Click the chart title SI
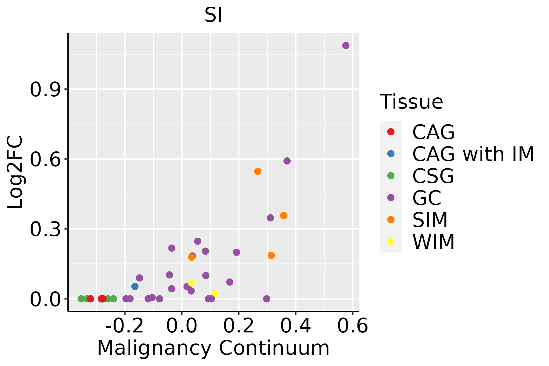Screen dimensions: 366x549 [x=213, y=15]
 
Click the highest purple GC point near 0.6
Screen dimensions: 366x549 [x=346, y=45]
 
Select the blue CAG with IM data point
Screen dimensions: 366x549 [x=135, y=286]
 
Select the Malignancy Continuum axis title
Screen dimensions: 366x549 [x=213, y=348]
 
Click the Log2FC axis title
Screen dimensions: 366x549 [x=15, y=172]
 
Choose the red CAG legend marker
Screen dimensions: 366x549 [x=391, y=132]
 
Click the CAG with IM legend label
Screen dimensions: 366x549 [x=473, y=154]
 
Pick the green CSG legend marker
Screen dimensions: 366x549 [x=391, y=176]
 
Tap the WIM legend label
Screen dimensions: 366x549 [x=433, y=242]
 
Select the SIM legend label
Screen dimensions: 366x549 [x=430, y=220]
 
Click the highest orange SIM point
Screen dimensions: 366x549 [x=258, y=171]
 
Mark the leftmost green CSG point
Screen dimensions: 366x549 [x=81, y=299]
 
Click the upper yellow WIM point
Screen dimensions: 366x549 [x=191, y=283]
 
